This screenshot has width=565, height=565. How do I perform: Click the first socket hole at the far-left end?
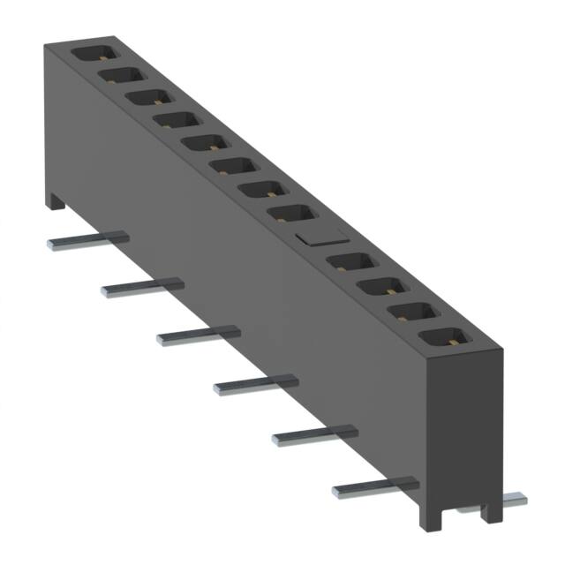[x=93, y=52]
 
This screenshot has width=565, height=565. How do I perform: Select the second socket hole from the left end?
[x=120, y=74]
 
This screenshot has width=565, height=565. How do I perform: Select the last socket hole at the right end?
[x=445, y=337]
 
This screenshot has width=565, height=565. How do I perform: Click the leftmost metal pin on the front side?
[x=87, y=240]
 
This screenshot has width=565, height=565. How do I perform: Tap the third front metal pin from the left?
[x=198, y=335]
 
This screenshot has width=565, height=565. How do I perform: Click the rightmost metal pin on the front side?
[x=374, y=486]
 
